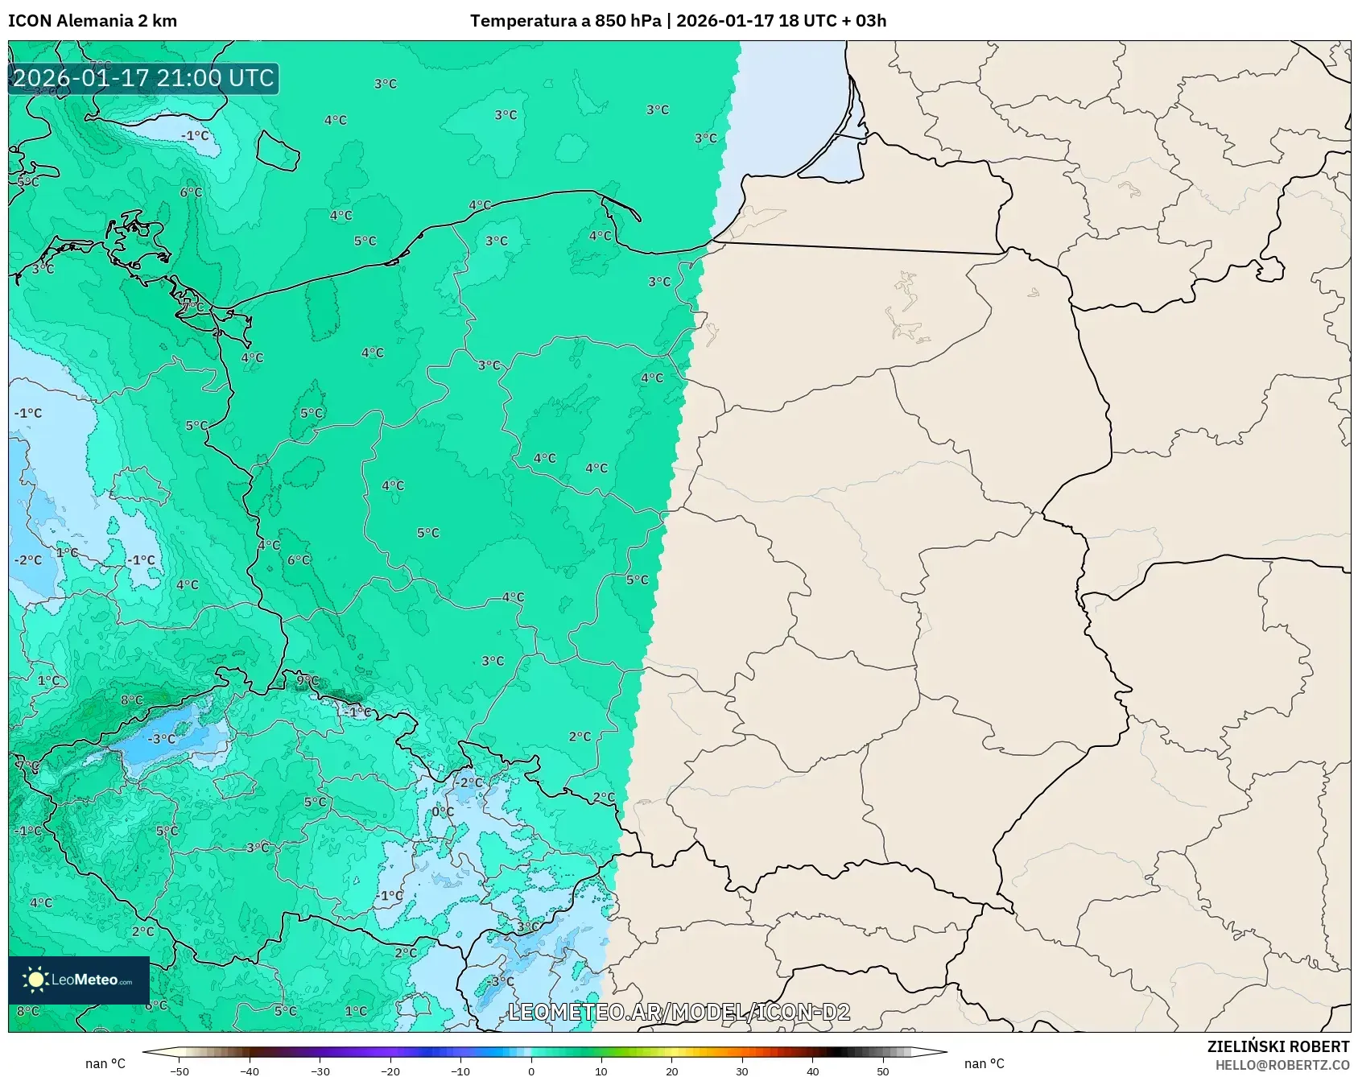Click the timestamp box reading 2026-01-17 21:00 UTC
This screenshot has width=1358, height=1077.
pyautogui.click(x=143, y=78)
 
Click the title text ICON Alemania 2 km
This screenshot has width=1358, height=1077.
pyautogui.click(x=93, y=21)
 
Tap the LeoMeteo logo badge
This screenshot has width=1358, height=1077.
pyautogui.click(x=79, y=980)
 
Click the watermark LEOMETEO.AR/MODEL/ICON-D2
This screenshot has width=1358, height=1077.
pyautogui.click(x=679, y=1012)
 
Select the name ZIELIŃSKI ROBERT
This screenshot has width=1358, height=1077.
pyautogui.click(x=1278, y=1046)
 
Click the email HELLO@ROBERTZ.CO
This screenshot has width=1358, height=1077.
pyautogui.click(x=1282, y=1065)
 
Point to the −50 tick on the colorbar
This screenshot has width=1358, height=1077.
pyautogui.click(x=180, y=1071)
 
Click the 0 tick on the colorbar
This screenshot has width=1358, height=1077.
pyautogui.click(x=530, y=1071)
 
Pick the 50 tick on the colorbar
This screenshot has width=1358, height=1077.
pyautogui.click(x=882, y=1071)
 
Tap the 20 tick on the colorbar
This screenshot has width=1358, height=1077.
pyautogui.click(x=671, y=1071)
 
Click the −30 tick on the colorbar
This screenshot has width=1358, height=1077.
pyautogui.click(x=320, y=1071)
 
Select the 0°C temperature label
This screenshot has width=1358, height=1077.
pyautogui.click(x=443, y=811)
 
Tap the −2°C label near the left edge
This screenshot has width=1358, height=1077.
pyautogui.click(x=28, y=559)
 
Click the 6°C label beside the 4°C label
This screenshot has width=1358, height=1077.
pyautogui.click(x=299, y=559)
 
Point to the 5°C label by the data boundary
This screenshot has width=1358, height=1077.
pyautogui.click(x=637, y=580)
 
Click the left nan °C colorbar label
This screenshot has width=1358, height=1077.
pyautogui.click(x=105, y=1063)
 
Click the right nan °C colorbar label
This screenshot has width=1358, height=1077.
pyautogui.click(x=984, y=1063)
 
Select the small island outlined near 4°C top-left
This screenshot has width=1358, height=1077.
pyautogui.click(x=279, y=151)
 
